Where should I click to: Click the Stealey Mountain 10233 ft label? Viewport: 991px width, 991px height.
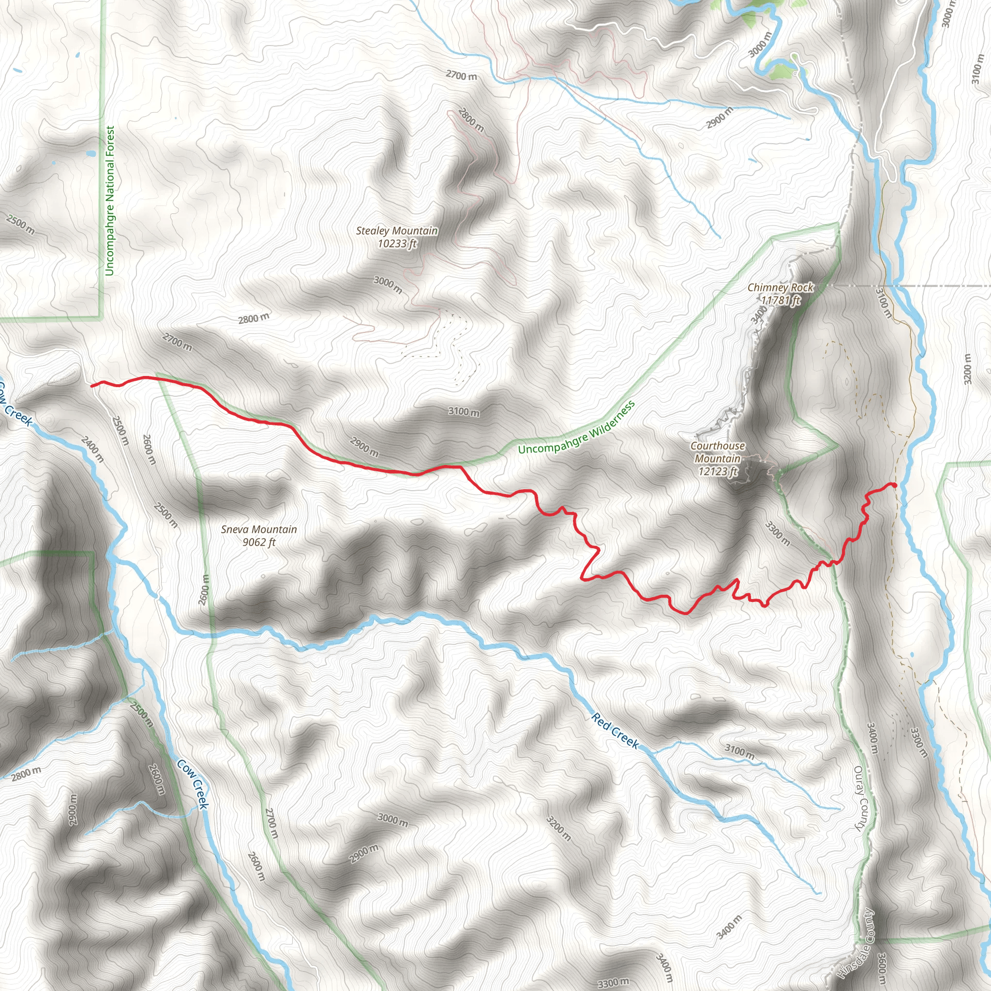click(397, 237)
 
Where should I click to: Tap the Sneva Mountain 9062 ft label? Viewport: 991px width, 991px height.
click(259, 536)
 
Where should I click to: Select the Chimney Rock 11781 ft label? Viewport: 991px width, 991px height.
click(780, 293)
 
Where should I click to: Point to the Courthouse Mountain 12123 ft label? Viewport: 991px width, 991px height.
click(718, 459)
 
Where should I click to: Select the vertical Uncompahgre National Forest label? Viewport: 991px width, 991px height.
click(109, 201)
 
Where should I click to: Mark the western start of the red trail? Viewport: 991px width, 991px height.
click(92, 385)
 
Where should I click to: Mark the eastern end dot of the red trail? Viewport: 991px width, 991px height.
click(894, 485)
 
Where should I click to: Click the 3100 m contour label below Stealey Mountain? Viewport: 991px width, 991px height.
click(464, 411)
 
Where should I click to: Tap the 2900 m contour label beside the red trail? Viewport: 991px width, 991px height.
click(364, 446)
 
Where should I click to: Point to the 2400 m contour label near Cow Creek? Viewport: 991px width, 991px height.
click(92, 450)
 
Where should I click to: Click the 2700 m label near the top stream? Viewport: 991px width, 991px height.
click(461, 76)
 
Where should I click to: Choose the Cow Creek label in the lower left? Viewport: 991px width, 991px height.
click(193, 784)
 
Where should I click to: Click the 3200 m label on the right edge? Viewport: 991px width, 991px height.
click(967, 369)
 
